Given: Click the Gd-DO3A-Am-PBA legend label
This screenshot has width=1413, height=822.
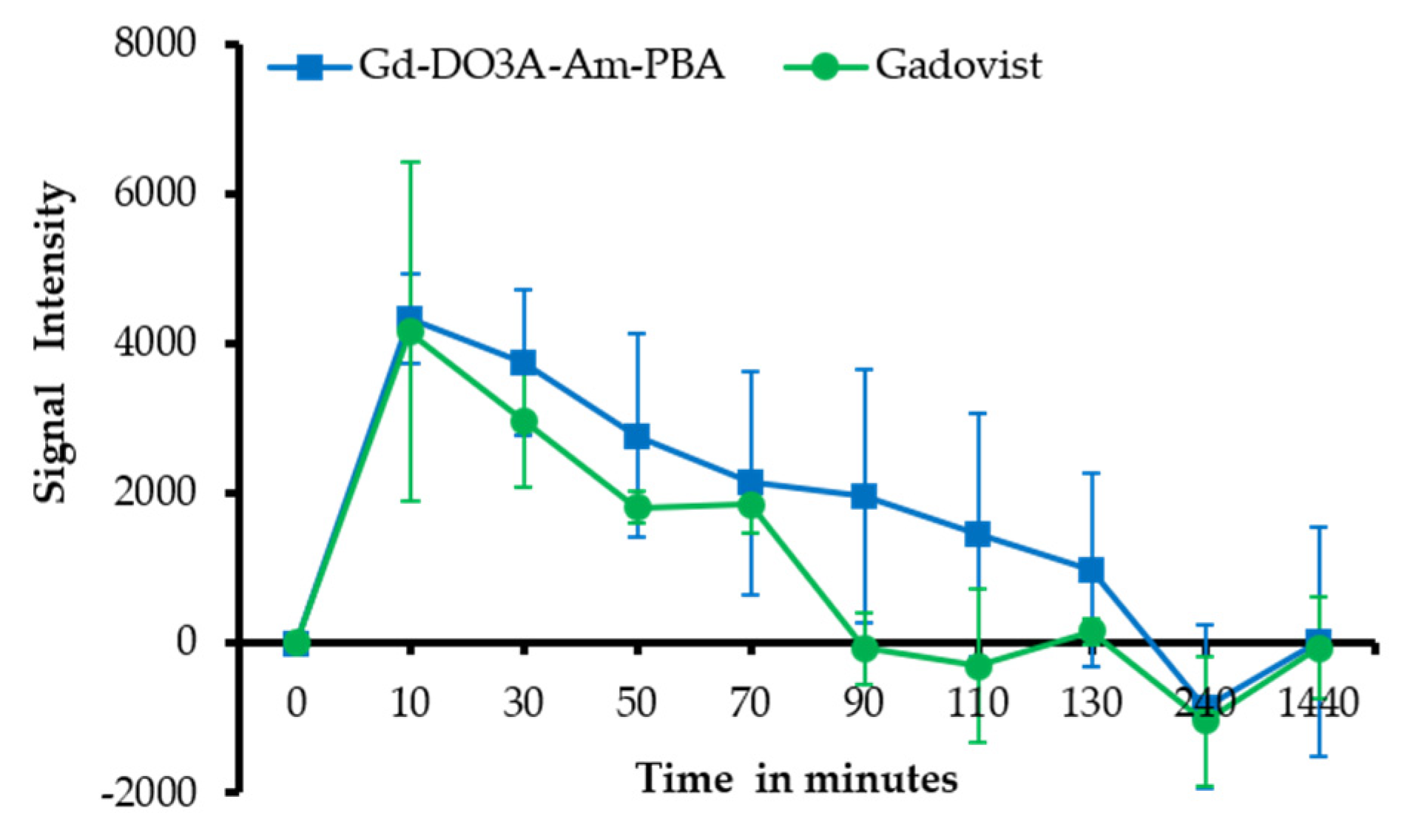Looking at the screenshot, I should [x=541, y=65].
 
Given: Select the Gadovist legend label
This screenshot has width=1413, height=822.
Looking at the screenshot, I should [x=958, y=65].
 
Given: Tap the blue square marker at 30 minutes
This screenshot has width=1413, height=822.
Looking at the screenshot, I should [x=523, y=363].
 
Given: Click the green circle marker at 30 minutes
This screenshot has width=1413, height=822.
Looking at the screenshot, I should [x=523, y=422].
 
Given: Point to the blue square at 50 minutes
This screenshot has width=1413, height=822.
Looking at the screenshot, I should [x=637, y=437].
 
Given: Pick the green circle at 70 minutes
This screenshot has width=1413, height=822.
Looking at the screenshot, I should [x=750, y=505].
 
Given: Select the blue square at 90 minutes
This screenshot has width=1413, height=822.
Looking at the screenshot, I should [x=864, y=496].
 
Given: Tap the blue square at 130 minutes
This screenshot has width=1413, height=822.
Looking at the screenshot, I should [x=1091, y=570].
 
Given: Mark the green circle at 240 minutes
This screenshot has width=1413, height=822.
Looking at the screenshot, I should [x=1205, y=719].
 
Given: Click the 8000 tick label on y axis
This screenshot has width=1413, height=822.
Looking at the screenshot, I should [x=155, y=44].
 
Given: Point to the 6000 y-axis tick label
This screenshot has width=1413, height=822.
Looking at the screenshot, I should [x=155, y=194].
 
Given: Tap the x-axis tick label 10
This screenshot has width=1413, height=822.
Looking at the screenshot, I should [x=409, y=702].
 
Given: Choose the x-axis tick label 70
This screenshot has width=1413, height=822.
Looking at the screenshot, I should [x=750, y=702].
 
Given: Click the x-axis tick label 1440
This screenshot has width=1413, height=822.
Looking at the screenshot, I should [x=1318, y=702].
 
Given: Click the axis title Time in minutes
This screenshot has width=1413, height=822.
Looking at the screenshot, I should [x=797, y=779].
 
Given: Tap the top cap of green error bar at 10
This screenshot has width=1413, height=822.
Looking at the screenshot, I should [x=410, y=162].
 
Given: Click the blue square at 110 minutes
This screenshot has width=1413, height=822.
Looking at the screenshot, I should [x=978, y=534].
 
